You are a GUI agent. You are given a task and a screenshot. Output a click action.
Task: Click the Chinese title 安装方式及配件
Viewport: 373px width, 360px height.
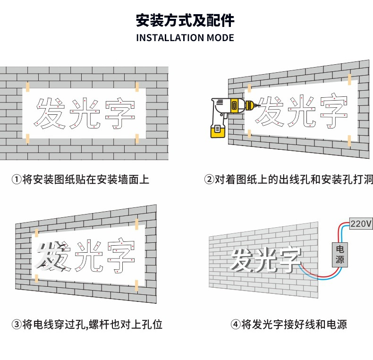point(185,20)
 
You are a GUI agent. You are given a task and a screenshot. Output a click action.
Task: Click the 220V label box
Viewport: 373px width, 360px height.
point(361,223)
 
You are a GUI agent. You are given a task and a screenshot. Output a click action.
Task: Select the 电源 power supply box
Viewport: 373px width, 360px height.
point(340,254)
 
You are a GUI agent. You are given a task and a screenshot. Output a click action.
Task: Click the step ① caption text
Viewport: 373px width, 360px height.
point(80,180)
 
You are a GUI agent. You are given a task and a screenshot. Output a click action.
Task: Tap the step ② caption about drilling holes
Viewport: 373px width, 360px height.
point(288,180)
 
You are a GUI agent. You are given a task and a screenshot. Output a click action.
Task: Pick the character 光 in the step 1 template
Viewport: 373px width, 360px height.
point(85,114)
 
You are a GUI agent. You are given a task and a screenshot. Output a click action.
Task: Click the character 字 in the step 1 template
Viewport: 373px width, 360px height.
point(120,114)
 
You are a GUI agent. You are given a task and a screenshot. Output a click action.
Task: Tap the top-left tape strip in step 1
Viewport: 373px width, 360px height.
point(28,86)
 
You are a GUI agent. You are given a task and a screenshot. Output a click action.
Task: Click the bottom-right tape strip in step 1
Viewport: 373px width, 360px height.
point(137,139)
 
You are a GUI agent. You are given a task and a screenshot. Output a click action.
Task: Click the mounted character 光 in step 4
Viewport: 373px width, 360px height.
point(267,259)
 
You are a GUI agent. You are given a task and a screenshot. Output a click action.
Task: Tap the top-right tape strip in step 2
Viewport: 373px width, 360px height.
point(349,78)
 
